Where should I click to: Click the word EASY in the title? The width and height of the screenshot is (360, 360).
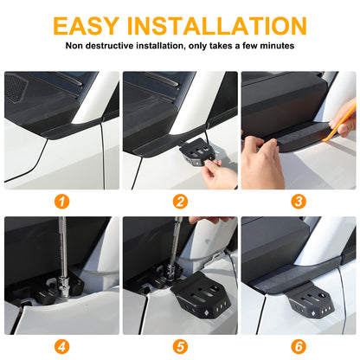(x=87, y=26)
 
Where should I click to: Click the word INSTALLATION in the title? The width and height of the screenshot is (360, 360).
(x=216, y=26)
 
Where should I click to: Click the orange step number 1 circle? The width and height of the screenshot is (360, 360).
(x=62, y=202)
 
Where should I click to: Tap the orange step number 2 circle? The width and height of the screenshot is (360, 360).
(x=180, y=202)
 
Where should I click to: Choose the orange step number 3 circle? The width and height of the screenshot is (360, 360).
(x=299, y=202)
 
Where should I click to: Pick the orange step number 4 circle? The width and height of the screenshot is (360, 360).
(x=62, y=346)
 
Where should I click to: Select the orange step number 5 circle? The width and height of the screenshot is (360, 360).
(x=180, y=346)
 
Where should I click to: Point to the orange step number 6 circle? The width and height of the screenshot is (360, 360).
(x=299, y=346)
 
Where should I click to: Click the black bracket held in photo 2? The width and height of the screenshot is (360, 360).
(x=198, y=152)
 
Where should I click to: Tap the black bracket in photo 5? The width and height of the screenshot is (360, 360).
(x=202, y=296)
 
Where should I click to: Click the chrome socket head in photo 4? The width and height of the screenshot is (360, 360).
(x=63, y=286)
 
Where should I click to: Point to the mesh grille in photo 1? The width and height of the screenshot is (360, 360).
(x=16, y=88)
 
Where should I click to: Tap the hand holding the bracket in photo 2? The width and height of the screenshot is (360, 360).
(x=219, y=173)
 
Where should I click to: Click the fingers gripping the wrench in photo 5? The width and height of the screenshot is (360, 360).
(x=210, y=220)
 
